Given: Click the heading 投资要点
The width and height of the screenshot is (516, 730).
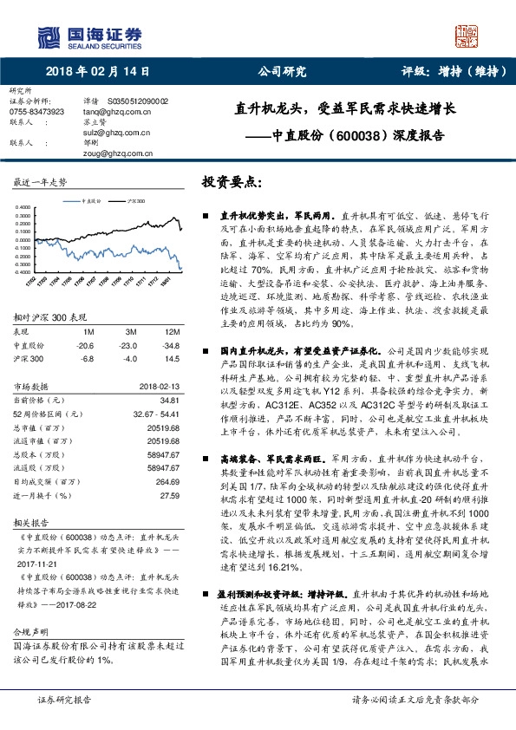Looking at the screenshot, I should click(231, 184).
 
